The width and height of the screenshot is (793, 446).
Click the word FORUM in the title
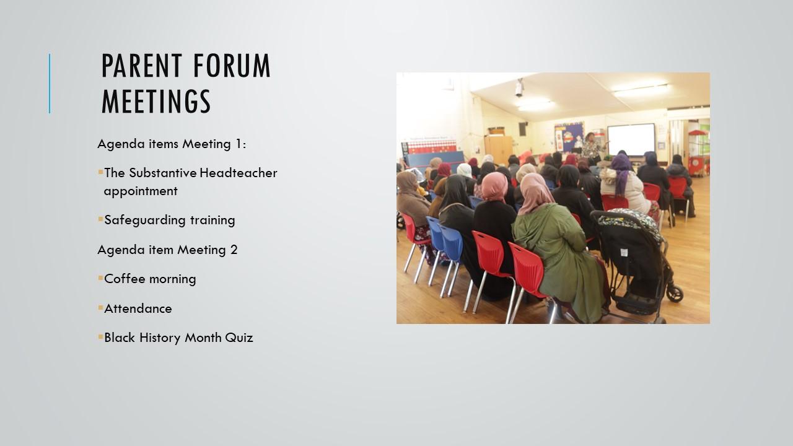(232, 66)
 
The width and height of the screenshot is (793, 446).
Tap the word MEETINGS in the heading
(156, 101)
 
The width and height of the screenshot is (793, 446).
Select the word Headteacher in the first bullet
(239, 173)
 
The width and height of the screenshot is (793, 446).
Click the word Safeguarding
(144, 220)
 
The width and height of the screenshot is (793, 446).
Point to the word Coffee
(125, 279)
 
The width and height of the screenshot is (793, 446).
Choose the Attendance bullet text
(138, 308)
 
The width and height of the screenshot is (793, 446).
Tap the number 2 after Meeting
(234, 250)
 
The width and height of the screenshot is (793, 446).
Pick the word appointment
(141, 191)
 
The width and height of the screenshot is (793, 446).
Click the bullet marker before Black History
(100, 336)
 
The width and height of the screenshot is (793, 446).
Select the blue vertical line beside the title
(50, 84)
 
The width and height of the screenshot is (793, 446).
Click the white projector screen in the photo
(631, 139)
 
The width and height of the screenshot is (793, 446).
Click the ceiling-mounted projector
(519, 88)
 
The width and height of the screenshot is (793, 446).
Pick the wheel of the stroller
(675, 294)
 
